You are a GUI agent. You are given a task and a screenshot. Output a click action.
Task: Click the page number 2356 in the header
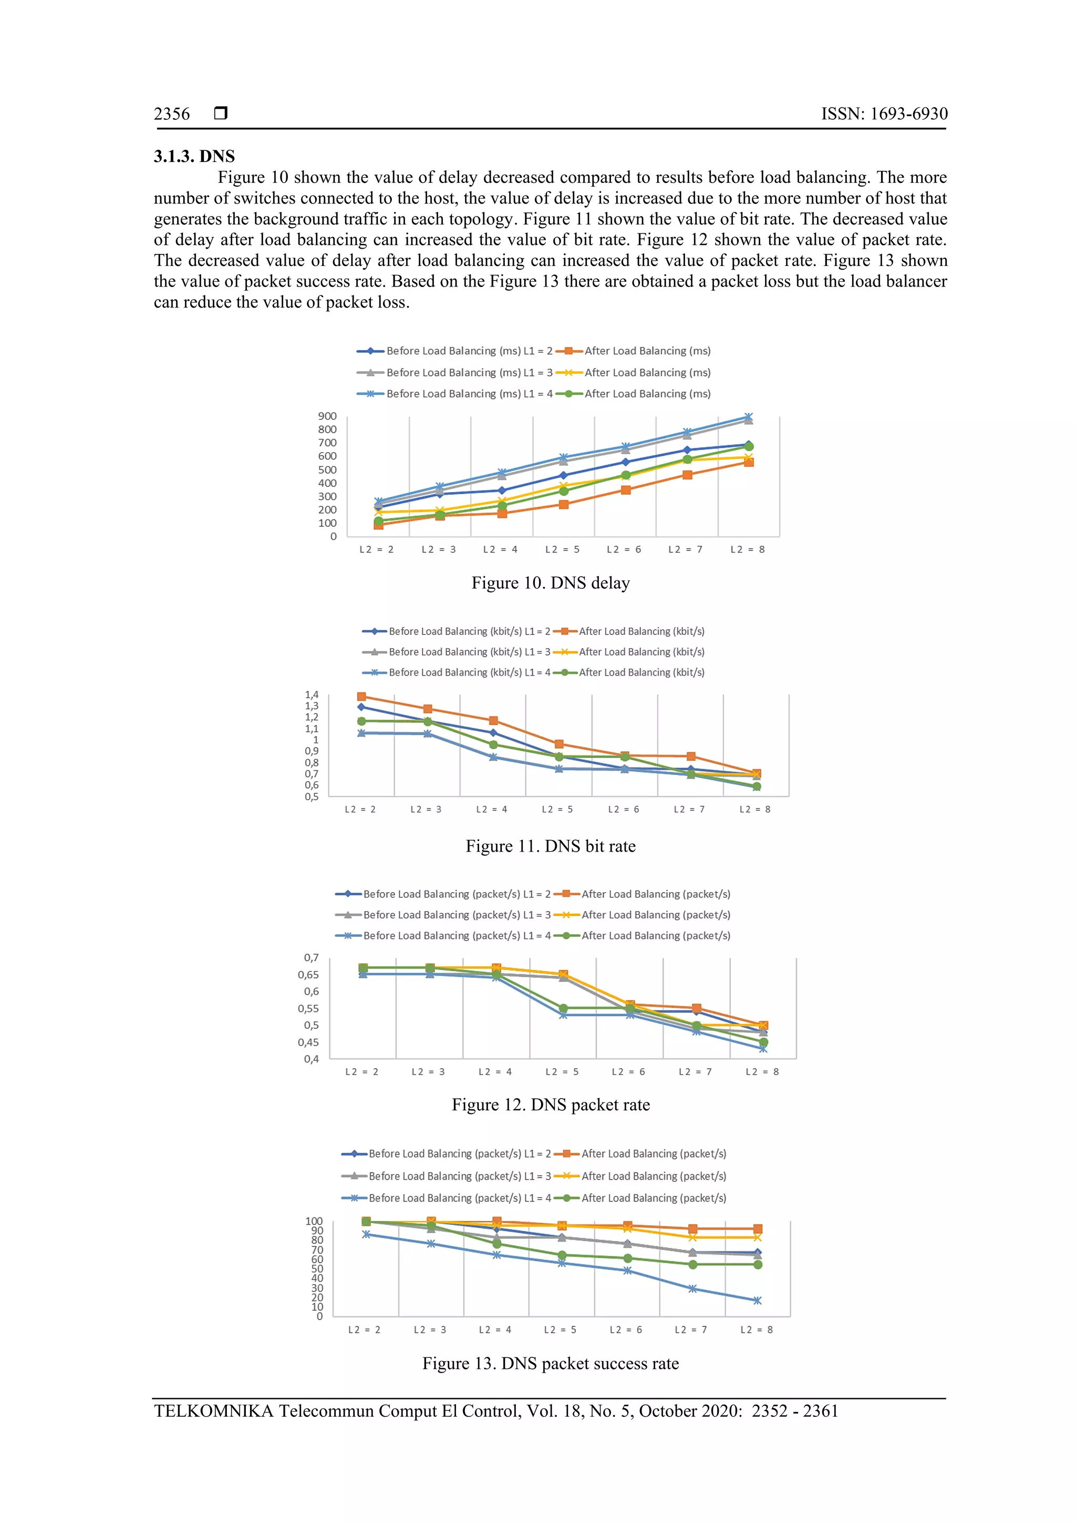pos(172,114)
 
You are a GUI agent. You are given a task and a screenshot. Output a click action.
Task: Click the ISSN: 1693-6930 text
pos(884,114)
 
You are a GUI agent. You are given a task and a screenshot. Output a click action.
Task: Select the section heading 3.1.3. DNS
pos(194,157)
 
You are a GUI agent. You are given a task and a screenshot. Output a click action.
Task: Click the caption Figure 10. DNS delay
pos(550,583)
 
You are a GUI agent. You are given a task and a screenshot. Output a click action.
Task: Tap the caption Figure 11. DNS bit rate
pos(550,846)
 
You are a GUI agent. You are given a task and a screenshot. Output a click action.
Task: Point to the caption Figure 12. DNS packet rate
pos(550,1105)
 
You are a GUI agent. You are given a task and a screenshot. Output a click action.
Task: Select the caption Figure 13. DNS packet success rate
pos(550,1364)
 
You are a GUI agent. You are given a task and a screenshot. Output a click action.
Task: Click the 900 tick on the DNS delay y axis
pos(327,416)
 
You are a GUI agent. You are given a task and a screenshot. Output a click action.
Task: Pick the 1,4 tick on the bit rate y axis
pos(312,695)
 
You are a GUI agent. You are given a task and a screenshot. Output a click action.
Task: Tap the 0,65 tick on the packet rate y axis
pos(308,975)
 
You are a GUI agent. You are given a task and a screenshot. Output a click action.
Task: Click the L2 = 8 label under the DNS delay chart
pos(747,550)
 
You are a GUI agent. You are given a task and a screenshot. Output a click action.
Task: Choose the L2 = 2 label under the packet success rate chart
pos(364,1330)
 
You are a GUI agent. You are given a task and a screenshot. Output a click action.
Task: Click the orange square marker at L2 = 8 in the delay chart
pos(749,462)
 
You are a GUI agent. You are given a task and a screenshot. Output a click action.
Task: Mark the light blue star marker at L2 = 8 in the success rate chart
pos(757,1301)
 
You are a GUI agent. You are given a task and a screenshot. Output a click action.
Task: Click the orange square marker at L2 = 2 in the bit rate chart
pos(361,697)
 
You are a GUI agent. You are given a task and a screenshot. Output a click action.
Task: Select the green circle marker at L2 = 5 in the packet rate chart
pos(563,1008)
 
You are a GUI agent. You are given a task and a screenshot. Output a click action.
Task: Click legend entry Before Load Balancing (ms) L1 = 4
pos(469,394)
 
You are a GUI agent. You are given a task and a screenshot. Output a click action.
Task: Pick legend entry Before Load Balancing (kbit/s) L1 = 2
pos(469,631)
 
